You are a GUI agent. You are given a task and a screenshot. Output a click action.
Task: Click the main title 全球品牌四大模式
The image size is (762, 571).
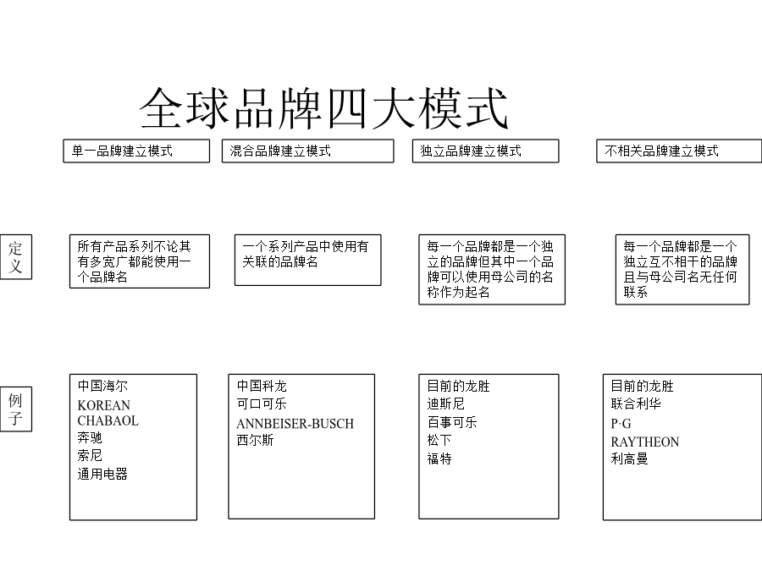(x=323, y=107)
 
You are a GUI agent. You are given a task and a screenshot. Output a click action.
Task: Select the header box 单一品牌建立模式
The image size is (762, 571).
(x=136, y=151)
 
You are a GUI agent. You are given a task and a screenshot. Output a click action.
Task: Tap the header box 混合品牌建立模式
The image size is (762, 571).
(x=307, y=151)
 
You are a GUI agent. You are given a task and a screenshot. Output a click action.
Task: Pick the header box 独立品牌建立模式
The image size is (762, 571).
(x=485, y=151)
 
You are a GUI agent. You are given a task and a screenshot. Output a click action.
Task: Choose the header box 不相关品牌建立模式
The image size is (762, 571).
(x=679, y=151)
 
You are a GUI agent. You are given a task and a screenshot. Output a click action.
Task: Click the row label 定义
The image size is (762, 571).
(x=16, y=257)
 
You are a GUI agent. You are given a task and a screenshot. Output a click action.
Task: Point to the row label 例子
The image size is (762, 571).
(x=16, y=409)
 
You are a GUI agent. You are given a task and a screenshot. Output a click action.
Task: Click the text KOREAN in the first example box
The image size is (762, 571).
(x=104, y=405)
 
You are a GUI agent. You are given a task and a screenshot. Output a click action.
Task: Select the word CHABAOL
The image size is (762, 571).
(x=108, y=420)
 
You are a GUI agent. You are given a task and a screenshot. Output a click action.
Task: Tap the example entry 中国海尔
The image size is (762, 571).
(x=102, y=386)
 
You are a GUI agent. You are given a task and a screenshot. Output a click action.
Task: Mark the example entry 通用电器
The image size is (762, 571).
(x=102, y=474)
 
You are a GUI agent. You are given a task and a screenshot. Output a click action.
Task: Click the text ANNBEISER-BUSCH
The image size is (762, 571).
(x=295, y=424)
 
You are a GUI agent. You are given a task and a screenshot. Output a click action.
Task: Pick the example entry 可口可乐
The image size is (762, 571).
(x=262, y=404)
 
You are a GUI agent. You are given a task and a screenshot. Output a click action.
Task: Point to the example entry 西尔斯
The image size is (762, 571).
(x=255, y=441)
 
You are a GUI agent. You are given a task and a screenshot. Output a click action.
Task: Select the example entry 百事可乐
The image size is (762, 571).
(x=452, y=422)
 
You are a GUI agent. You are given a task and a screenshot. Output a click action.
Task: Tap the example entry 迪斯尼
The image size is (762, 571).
(x=445, y=404)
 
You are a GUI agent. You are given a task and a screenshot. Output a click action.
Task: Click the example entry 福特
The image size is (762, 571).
(x=439, y=458)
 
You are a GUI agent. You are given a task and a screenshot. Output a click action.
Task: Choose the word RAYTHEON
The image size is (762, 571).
(x=645, y=442)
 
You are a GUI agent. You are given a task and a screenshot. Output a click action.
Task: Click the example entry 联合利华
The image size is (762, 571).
(x=636, y=404)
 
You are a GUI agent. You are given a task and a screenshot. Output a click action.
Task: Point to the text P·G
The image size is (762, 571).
(x=621, y=424)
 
